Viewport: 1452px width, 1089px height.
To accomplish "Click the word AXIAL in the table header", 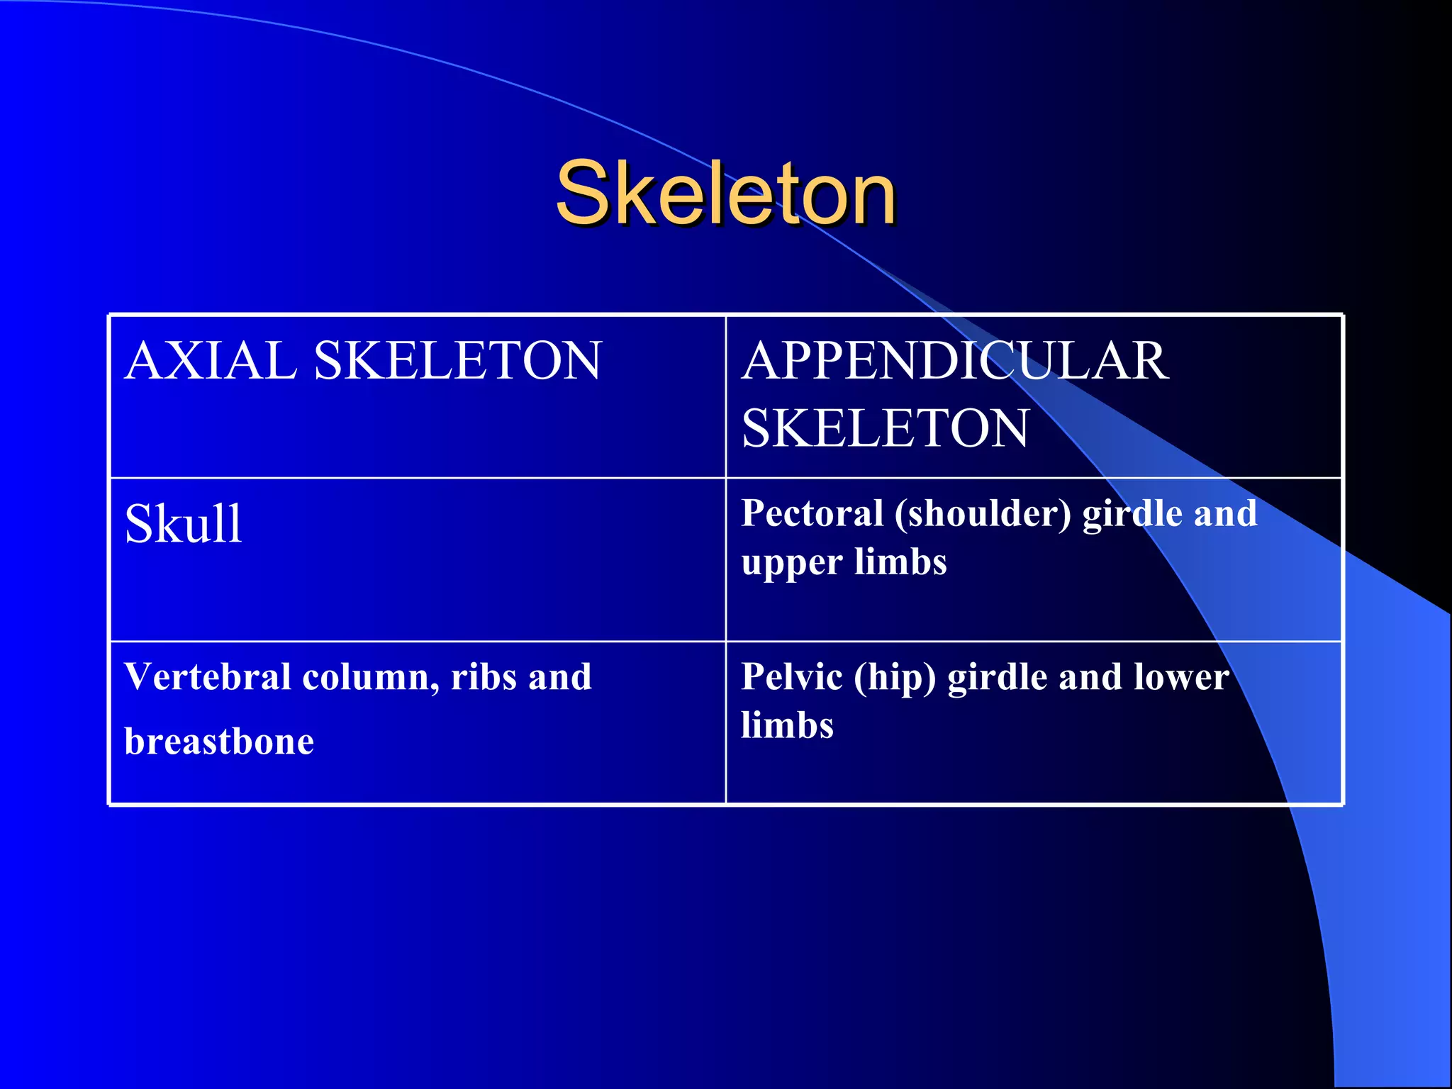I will tap(211, 360).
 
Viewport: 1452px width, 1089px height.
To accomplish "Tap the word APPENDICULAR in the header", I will tap(955, 360).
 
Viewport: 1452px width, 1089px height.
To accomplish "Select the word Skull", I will tap(184, 524).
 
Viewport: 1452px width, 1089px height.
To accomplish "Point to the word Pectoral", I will tap(812, 513).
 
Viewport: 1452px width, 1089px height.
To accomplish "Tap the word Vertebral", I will tap(208, 676).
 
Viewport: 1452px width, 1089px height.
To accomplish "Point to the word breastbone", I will tap(219, 742).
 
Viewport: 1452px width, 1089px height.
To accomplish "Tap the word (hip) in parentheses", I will tap(895, 678).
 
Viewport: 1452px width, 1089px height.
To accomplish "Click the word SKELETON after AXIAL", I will tap(457, 360).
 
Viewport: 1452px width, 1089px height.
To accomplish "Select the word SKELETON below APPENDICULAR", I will tap(885, 428).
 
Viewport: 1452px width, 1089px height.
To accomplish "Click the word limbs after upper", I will tap(900, 562).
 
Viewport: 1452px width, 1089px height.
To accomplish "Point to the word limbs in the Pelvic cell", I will tap(787, 725).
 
